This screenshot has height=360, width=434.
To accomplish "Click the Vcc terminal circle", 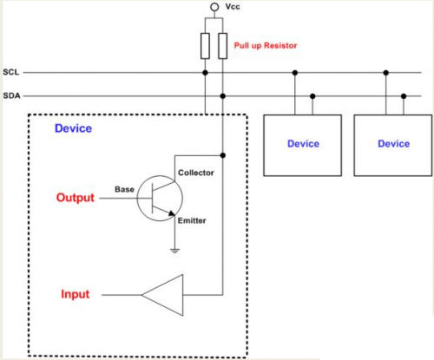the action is [214, 7].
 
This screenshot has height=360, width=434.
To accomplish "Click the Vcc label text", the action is [233, 7].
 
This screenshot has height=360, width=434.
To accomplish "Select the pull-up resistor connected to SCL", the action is [205, 46].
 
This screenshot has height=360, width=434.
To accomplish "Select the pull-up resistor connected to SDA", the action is [223, 46].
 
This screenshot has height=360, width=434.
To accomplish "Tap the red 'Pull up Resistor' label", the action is [266, 46].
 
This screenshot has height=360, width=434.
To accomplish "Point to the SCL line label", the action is [11, 72].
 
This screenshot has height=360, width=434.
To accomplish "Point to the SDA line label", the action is [11, 95].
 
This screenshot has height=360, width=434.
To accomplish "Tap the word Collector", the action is [196, 173].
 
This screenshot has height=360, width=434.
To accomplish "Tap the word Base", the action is [124, 189].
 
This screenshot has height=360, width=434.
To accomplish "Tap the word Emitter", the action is [192, 220].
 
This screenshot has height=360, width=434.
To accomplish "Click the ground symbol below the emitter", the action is [174, 251].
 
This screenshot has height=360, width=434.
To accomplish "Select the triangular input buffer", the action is [162, 295].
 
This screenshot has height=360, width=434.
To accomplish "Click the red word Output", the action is [76, 198].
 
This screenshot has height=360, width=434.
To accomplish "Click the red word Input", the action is [76, 294].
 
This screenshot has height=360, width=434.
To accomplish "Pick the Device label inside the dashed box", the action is [73, 128].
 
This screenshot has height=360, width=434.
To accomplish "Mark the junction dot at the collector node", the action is [223, 155].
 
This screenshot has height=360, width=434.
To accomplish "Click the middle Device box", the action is [303, 146].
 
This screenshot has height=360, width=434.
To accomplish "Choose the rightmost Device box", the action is [393, 146].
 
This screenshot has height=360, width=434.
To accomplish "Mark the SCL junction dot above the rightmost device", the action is [386, 73].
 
